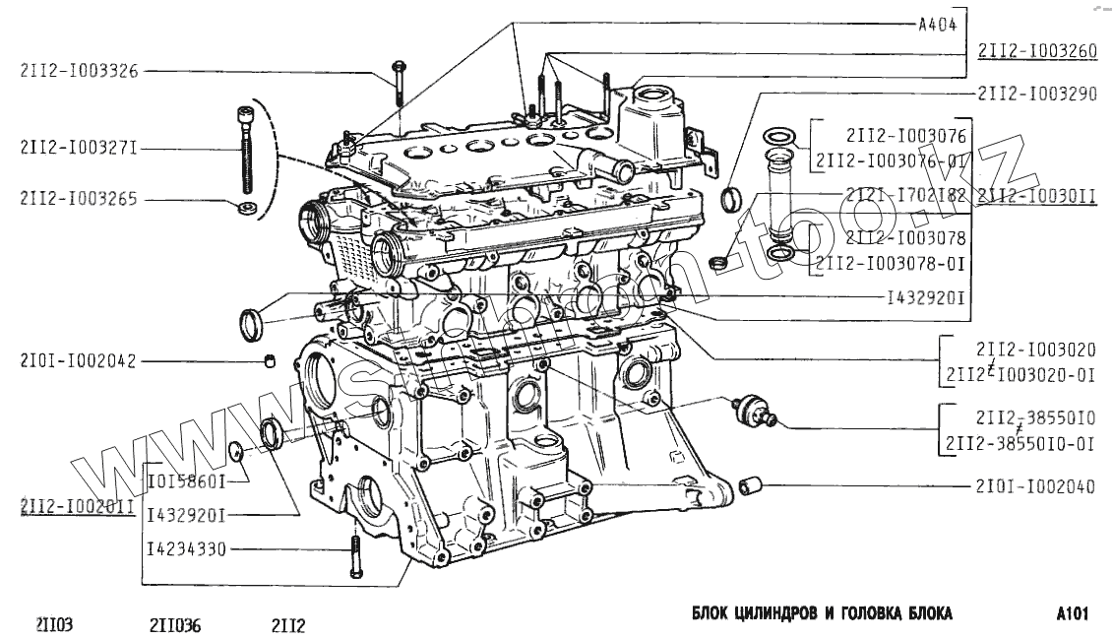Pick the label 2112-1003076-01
click(891, 159)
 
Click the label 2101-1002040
click(1036, 486)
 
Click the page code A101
click(1072, 614)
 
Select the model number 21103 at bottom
click(56, 624)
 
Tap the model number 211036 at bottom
click(175, 624)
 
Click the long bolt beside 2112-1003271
click(243, 154)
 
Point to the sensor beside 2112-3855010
click(753, 413)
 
